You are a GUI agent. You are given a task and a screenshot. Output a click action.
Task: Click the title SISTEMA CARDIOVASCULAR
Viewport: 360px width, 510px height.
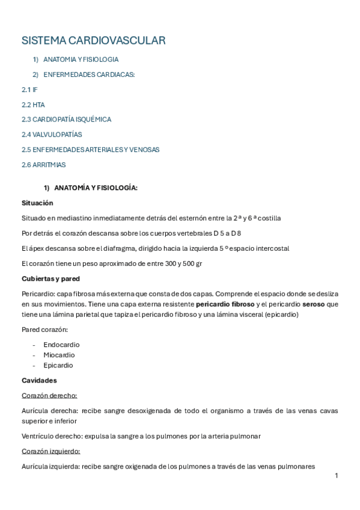point(93,40)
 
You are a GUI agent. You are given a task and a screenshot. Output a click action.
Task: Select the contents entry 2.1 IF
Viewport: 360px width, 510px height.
point(29,90)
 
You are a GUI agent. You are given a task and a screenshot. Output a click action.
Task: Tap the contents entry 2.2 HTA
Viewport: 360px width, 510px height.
point(33,105)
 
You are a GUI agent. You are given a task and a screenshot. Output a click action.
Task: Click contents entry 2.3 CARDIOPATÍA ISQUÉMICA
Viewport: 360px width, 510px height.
point(66,120)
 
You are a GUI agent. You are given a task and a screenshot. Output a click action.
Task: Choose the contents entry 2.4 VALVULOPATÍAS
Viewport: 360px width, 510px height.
point(52,135)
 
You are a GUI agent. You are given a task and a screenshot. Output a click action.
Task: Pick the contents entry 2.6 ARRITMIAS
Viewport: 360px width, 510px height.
point(43,165)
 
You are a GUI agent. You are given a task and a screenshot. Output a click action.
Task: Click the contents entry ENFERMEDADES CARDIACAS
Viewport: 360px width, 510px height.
point(89,75)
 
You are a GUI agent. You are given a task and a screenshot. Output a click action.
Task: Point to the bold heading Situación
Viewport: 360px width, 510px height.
point(37,203)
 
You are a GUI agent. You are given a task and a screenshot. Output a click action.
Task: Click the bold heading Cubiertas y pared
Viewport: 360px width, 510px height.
point(50,279)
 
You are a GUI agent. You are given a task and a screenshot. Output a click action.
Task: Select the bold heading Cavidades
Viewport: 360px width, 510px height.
point(39,381)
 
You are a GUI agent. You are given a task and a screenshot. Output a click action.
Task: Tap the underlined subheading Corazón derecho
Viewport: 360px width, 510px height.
point(49,396)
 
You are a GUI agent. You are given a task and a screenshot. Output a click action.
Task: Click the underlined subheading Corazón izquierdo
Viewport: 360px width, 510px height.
point(50,451)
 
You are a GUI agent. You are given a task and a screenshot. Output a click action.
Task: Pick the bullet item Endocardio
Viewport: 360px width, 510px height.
point(61,345)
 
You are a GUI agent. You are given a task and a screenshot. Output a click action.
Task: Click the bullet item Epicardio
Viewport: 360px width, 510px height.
point(58,365)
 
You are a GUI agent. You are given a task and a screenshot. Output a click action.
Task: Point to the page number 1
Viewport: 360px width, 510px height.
point(337,476)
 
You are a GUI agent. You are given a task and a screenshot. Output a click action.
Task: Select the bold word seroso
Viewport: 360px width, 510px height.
point(313,304)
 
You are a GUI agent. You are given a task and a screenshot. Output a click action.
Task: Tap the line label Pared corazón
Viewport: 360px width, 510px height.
point(44,330)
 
